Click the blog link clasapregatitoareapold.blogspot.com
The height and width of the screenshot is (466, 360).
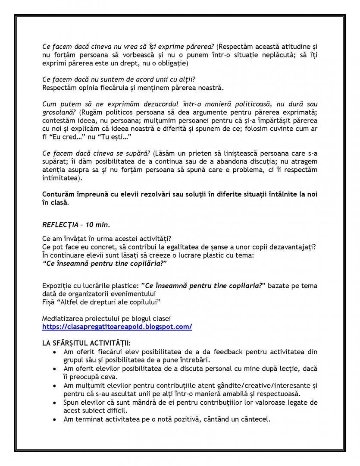tap(117, 327)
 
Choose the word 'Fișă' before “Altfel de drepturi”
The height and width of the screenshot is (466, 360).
tap(49, 301)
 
